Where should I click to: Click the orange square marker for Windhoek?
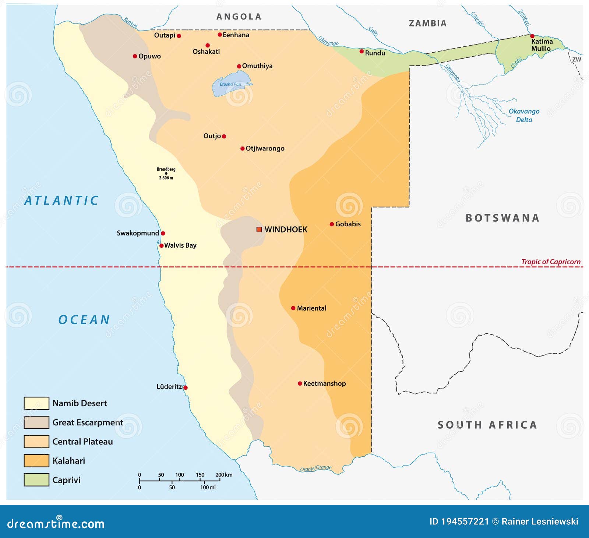pos(259,230)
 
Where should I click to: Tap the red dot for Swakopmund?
pos(163,233)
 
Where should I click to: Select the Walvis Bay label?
pos(180,245)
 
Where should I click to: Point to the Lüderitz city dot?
pos(186,387)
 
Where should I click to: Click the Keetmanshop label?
pos(324,383)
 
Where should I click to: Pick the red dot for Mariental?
pos(293,308)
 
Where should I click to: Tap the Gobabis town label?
pos(348,224)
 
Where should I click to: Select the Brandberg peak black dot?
pos(166,173)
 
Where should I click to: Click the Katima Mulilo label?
pos(542,45)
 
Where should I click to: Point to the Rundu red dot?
pos(361,52)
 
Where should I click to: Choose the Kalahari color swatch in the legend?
pos(36,461)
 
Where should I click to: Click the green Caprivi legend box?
pos(36,480)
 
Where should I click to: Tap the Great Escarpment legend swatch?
pos(36,422)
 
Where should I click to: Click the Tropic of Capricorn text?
pos(551,262)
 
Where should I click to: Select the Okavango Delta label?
pos(524,115)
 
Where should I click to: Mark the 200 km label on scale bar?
pos(224,475)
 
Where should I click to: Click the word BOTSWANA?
pos(502,218)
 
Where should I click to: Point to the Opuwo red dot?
pos(135,56)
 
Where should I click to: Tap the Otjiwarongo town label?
pos(265,149)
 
